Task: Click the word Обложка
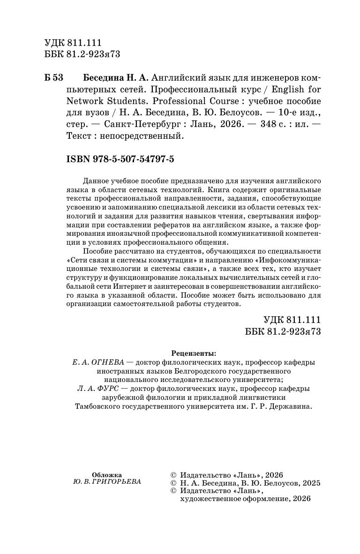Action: [x=107, y=474]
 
